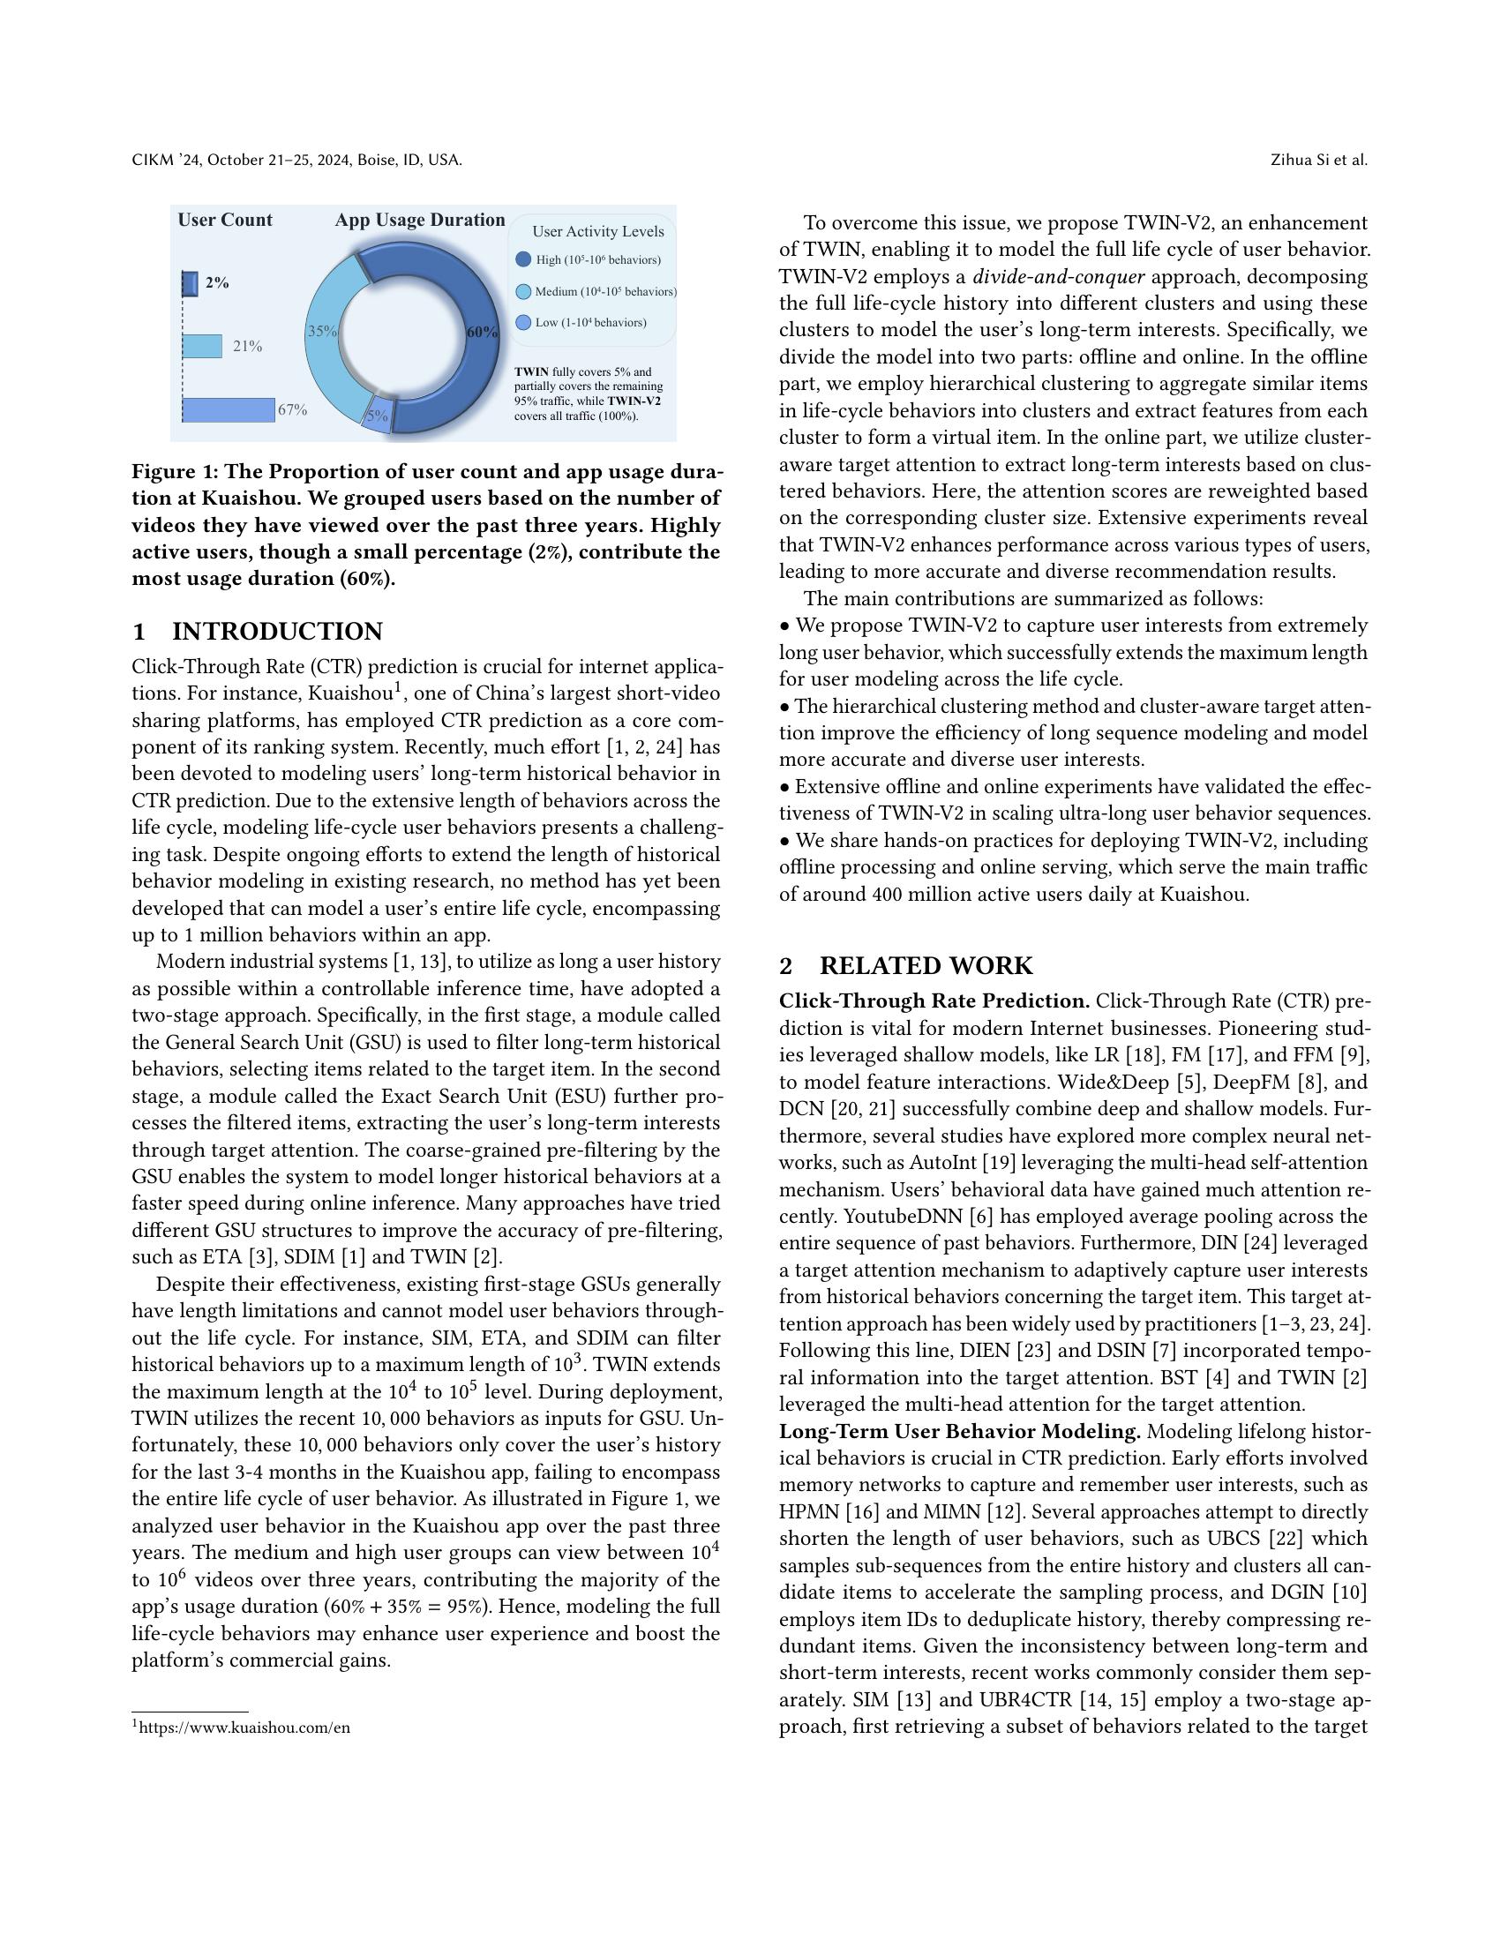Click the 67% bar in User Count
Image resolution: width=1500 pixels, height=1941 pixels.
click(229, 409)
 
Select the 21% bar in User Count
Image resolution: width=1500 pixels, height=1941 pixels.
click(203, 346)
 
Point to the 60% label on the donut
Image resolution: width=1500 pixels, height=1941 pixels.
click(482, 332)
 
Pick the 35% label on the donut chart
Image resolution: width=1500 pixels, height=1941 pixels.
click(322, 331)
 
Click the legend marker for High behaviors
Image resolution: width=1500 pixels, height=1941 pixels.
click(523, 259)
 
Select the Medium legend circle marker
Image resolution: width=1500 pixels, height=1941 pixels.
click(523, 291)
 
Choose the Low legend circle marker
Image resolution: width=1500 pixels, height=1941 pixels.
click(523, 323)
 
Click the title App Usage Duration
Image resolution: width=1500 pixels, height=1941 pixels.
click(419, 220)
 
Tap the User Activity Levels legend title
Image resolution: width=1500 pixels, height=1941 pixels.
click(598, 231)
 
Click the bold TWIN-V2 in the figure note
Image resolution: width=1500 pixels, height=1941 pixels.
click(634, 401)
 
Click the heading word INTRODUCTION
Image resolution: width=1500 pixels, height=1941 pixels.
click(277, 632)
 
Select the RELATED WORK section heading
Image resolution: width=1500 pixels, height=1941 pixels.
click(926, 966)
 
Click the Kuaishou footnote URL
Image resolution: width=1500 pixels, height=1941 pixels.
click(244, 1727)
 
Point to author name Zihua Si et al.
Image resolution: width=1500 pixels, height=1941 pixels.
click(1319, 160)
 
